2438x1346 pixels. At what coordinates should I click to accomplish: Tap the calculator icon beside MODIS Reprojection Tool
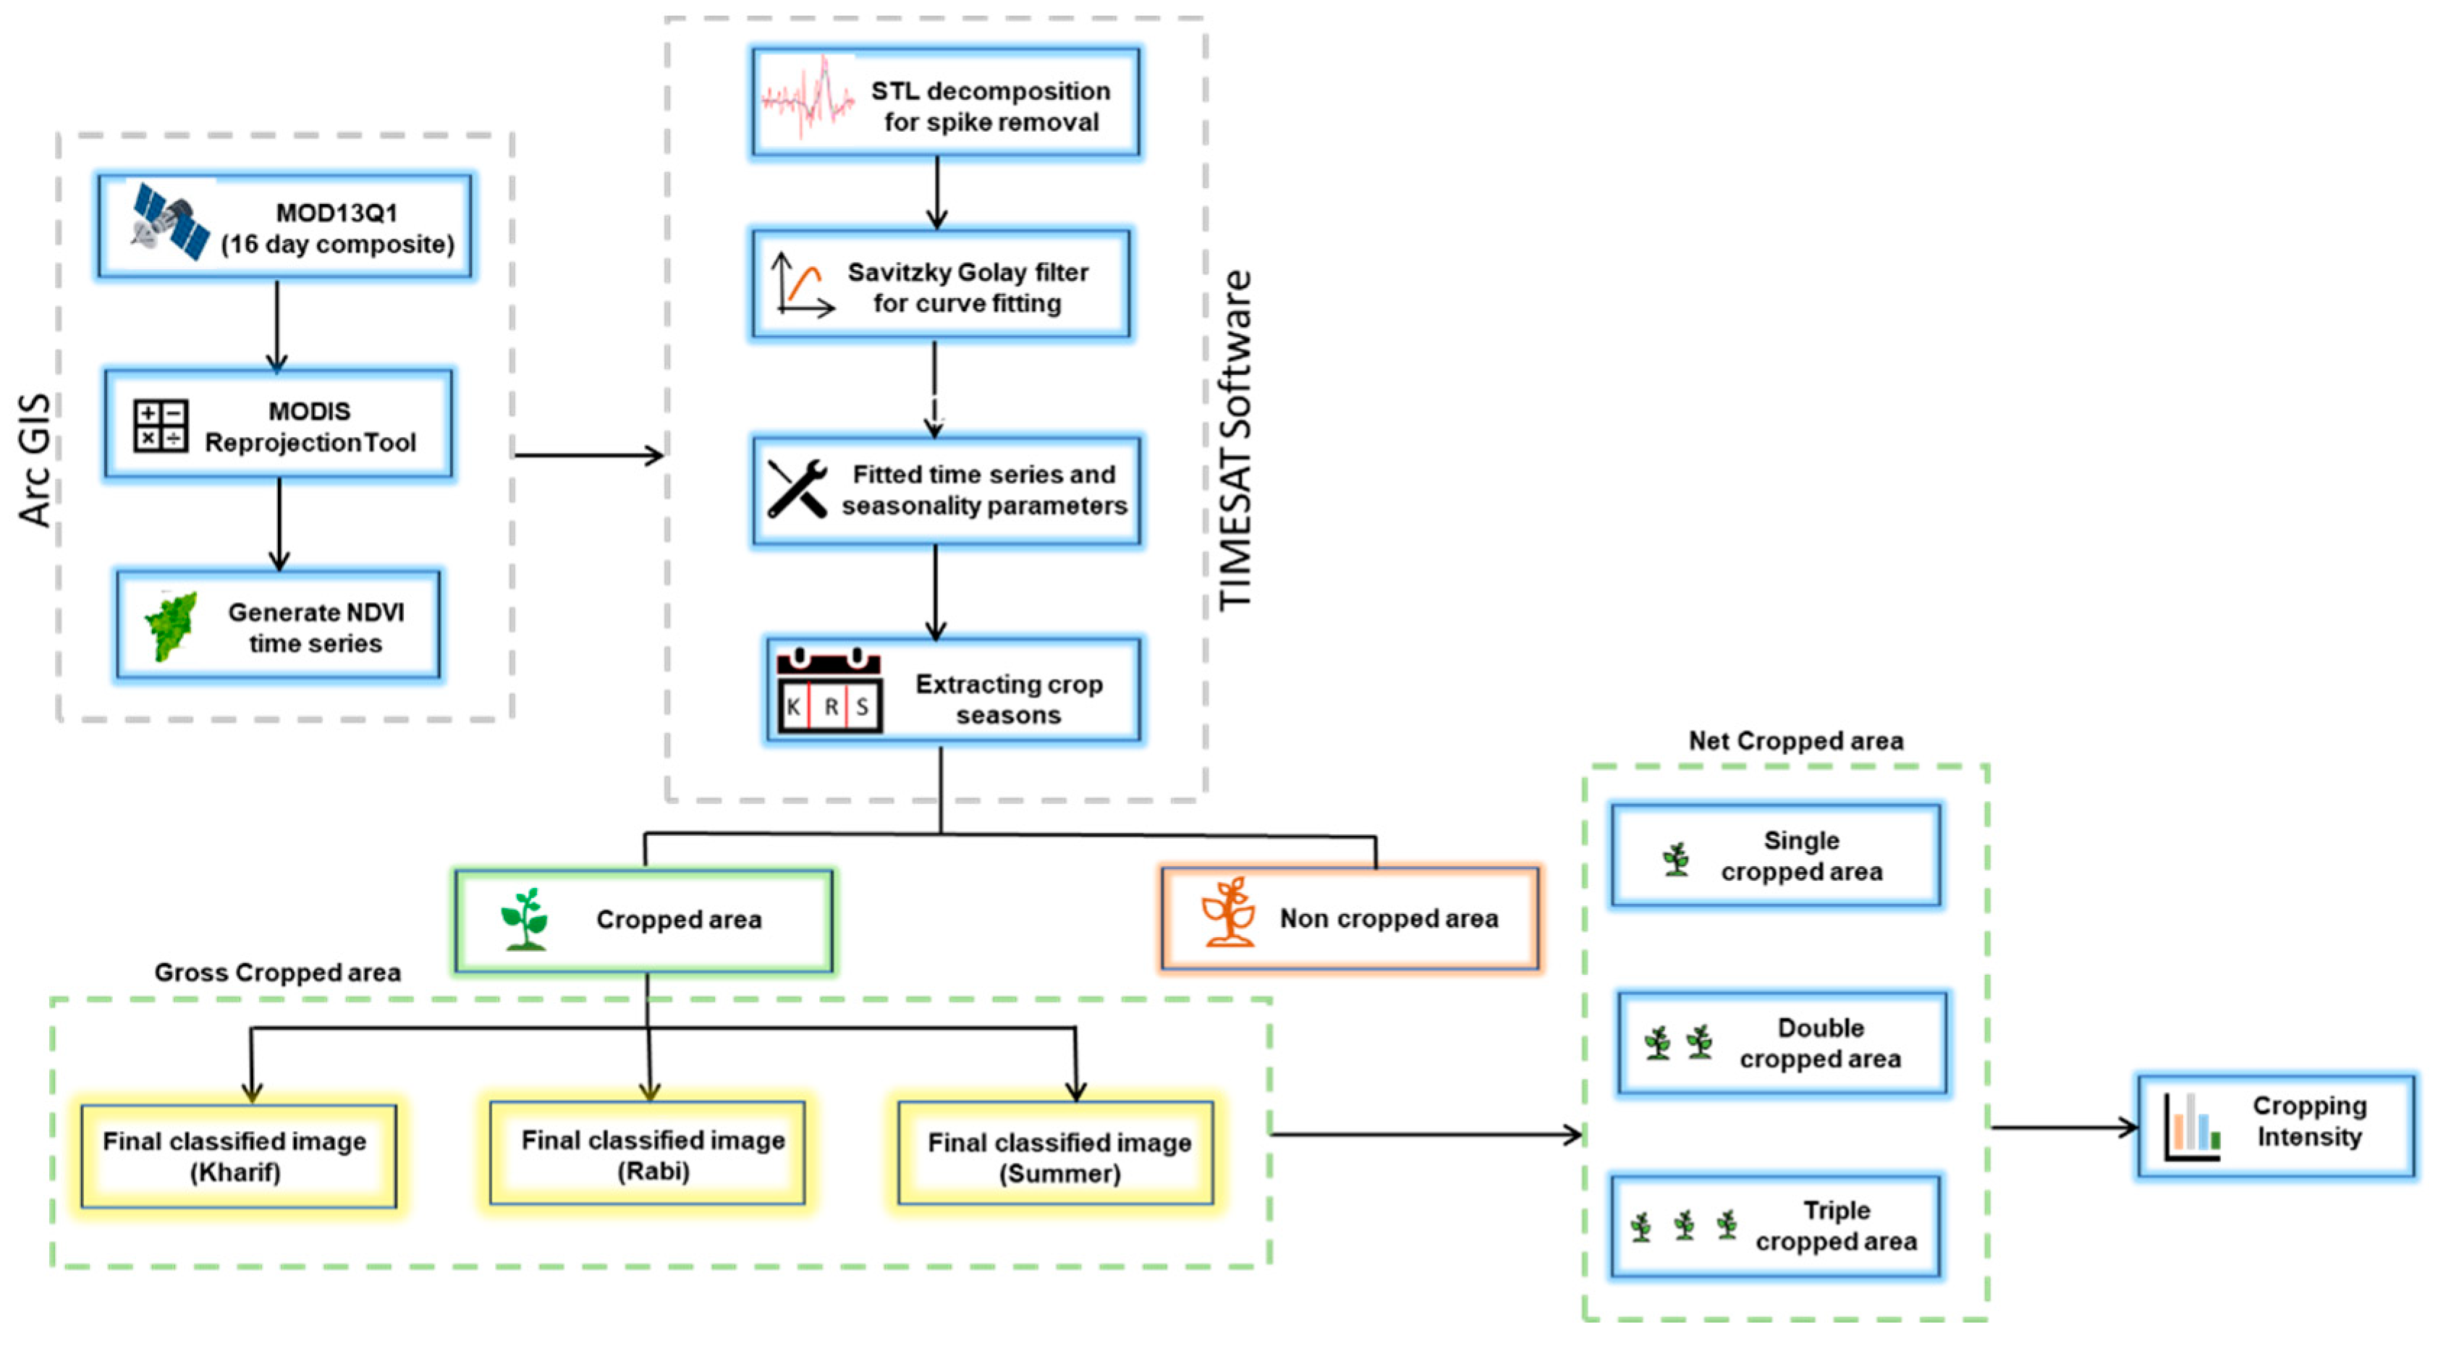point(160,426)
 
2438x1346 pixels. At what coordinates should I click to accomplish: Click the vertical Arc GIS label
point(35,460)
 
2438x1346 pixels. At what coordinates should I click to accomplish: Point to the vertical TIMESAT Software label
point(1235,440)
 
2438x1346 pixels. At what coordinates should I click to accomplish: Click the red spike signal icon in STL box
point(808,98)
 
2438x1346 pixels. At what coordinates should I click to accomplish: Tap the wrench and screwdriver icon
point(797,489)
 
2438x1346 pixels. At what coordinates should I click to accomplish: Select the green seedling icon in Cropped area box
point(525,919)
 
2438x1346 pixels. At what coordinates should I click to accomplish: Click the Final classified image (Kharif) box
point(239,1156)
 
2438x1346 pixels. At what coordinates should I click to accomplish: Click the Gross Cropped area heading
point(277,972)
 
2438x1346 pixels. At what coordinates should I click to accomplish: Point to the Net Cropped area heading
point(1795,740)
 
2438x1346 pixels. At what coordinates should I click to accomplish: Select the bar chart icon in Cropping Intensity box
point(2191,1127)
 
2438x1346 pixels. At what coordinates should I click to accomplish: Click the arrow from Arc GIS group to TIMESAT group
point(588,455)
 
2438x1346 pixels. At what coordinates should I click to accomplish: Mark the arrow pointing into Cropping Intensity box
point(2063,1127)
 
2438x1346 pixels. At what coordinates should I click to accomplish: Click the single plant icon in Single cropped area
point(1676,858)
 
